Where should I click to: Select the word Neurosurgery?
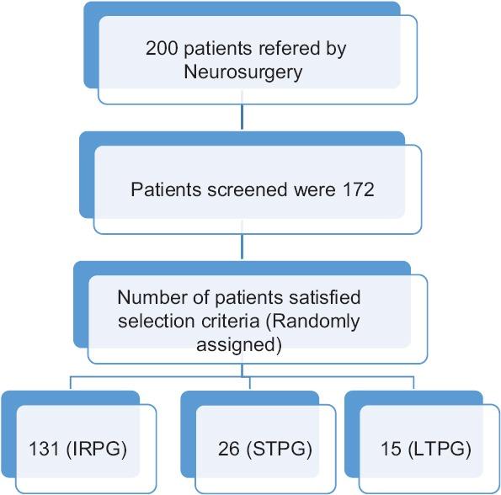pos(243,73)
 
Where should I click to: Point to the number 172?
pos(359,189)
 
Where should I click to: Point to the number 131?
pos(43,447)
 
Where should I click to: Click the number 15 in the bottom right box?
pos(391,447)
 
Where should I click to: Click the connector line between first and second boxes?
pos(243,117)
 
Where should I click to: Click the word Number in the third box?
pos(147,297)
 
